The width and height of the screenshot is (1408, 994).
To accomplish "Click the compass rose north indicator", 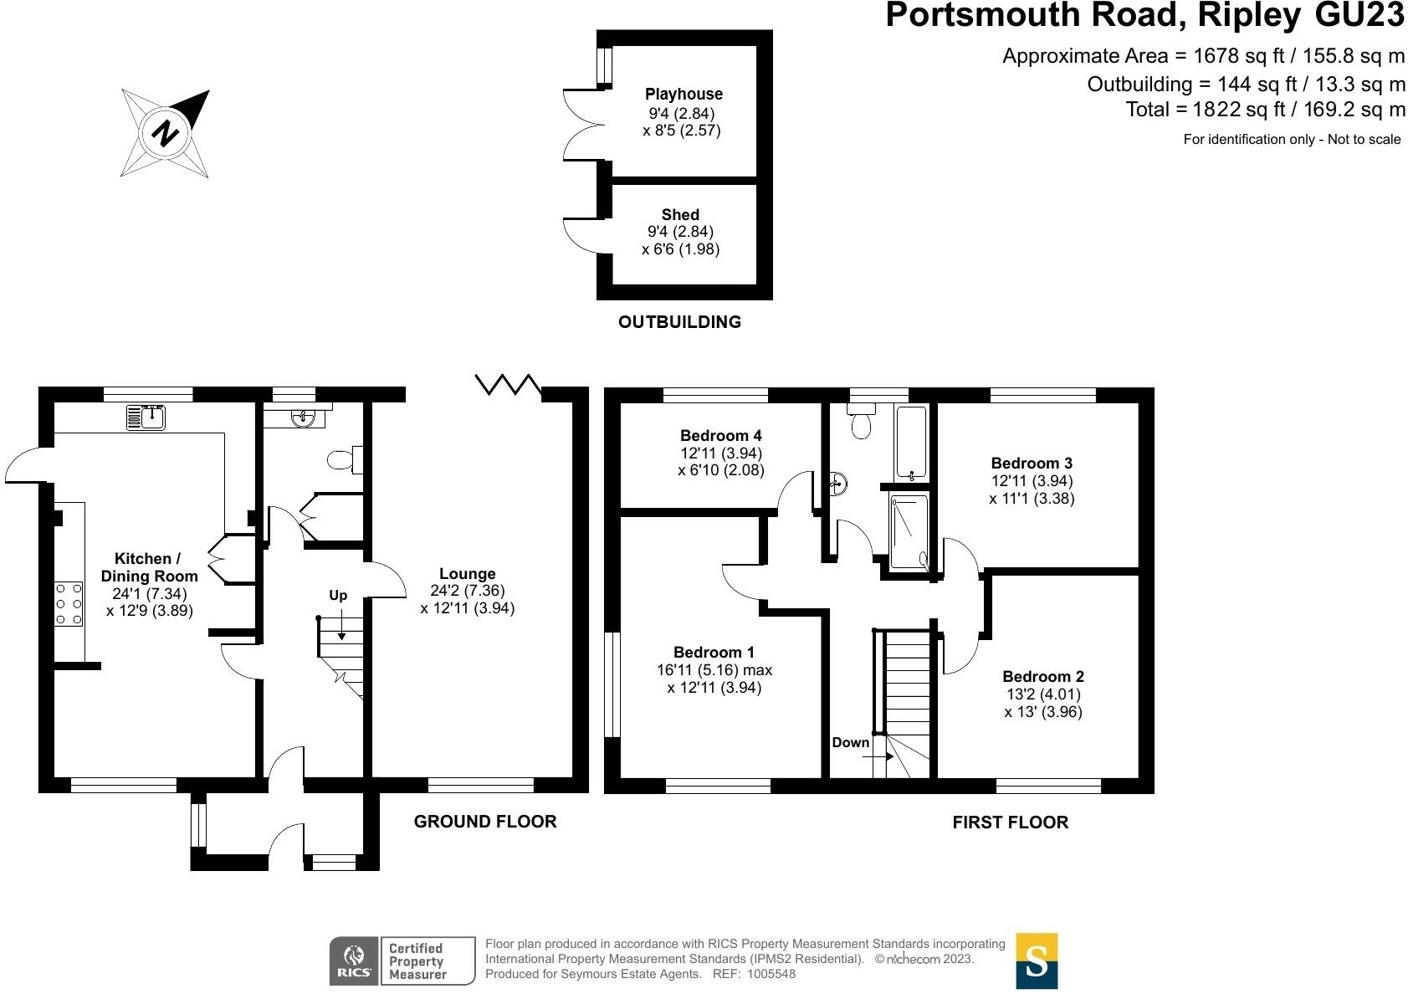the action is [166, 133].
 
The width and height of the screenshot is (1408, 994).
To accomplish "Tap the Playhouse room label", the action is [684, 95].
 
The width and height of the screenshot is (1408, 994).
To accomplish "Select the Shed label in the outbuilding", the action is [680, 215].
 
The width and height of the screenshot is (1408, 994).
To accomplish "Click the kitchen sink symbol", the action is [147, 417].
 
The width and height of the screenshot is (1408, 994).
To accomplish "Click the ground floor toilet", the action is [344, 459].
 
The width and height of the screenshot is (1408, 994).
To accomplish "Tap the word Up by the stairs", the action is [338, 596].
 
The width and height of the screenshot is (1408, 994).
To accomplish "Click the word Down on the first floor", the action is [851, 743].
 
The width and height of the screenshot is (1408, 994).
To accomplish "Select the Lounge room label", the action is [468, 574].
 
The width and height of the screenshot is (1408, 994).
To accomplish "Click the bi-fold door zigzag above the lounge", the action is [509, 385].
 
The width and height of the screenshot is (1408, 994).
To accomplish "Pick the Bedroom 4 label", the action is [720, 436].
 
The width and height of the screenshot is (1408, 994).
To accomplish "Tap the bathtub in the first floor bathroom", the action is [911, 441].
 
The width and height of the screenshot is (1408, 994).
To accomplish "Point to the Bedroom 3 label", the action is [1032, 464].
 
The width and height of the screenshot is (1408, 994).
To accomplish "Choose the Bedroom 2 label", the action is [1043, 677].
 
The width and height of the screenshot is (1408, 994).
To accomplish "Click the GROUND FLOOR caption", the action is [485, 822].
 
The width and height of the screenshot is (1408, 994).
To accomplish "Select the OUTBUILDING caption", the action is [679, 322].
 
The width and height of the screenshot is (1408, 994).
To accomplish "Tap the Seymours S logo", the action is [1037, 961].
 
